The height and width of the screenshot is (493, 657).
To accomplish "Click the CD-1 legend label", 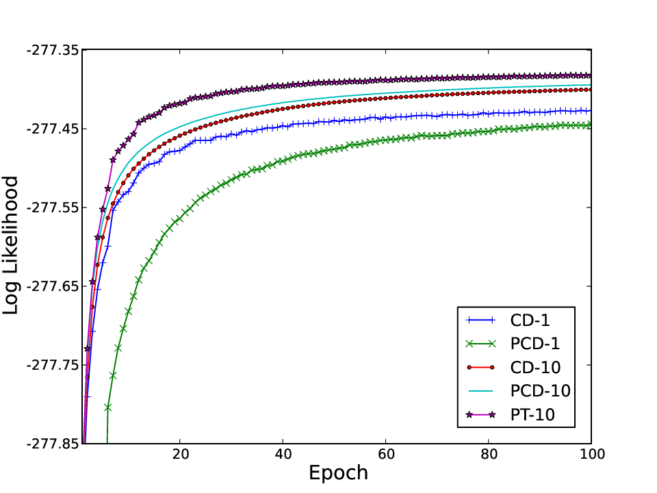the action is (530, 320).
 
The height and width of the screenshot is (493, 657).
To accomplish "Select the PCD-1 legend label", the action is (535, 344).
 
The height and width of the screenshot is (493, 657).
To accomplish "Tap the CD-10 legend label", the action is (535, 368).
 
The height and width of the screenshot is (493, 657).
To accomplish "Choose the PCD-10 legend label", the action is (541, 391).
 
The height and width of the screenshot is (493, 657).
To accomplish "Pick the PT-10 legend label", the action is (532, 415).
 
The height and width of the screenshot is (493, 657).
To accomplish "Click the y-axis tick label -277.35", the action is (53, 50).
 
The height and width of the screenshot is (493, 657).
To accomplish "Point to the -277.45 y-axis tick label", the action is (53, 129).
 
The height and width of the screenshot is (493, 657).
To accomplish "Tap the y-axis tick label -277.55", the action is (53, 207).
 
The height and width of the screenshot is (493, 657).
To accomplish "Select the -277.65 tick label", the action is (53, 286).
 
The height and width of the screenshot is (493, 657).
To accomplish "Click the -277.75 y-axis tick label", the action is (53, 365).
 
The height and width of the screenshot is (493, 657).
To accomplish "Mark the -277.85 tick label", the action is (53, 444).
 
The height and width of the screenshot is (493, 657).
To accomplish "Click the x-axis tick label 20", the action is (180, 454).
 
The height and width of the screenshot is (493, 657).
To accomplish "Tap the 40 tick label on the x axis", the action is (283, 454).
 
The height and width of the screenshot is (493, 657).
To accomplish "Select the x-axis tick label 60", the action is (386, 454).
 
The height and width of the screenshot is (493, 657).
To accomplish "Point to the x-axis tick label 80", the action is (489, 454).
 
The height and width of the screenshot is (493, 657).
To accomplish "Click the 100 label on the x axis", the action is (591, 454).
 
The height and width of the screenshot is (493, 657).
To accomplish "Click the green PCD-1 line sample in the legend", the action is (480, 344).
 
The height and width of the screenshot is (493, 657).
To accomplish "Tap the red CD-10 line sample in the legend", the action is (480, 368).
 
